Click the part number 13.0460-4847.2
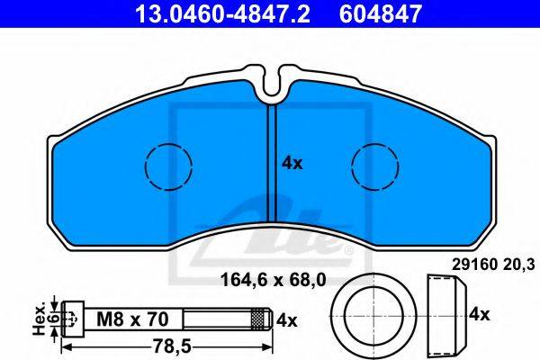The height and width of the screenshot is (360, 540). tap(223, 14)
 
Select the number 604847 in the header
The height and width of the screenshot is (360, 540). tap(381, 14)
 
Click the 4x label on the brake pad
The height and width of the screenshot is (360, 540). tap(292, 163)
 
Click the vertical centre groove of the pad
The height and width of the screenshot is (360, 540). tap(272, 163)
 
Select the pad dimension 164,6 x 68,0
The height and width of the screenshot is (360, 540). tap(273, 280)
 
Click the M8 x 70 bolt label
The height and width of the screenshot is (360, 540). tap(132, 319)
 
